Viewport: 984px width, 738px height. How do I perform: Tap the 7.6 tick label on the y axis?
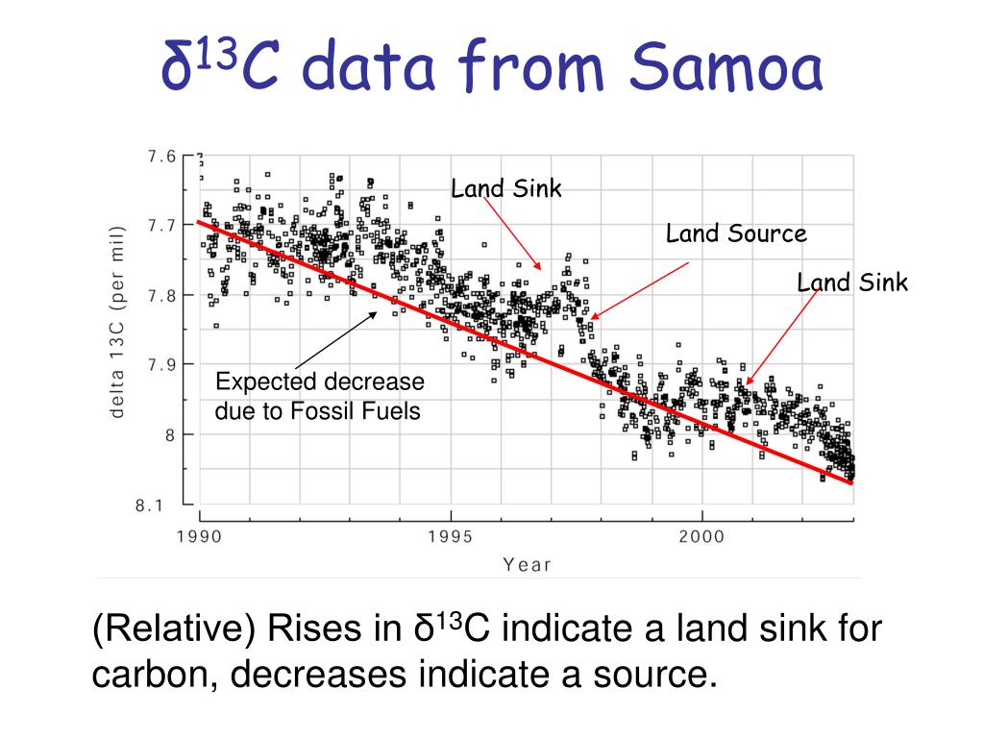click(x=162, y=157)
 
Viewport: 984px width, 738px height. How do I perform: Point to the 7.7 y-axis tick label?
click(x=162, y=225)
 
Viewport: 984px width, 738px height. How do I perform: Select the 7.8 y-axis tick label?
click(x=162, y=295)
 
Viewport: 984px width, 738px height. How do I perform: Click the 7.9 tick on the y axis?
click(x=162, y=364)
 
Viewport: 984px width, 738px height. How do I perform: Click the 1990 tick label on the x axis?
click(x=199, y=535)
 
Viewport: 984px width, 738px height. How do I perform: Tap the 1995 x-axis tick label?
click(x=450, y=535)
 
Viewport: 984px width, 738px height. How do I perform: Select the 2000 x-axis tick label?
click(x=701, y=535)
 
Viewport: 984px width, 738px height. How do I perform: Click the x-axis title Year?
click(x=528, y=564)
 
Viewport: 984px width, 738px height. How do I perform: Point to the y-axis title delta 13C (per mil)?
click(x=117, y=322)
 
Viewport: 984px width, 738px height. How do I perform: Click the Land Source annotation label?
click(x=736, y=234)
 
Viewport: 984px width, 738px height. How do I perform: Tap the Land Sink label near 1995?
click(x=506, y=188)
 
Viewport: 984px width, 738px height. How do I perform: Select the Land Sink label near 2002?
click(x=852, y=282)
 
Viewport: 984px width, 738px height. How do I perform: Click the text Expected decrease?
click(x=319, y=382)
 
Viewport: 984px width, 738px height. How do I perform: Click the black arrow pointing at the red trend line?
click(x=335, y=340)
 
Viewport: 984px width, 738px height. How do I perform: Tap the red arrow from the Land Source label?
click(x=639, y=289)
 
